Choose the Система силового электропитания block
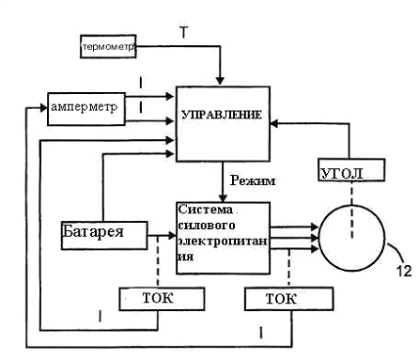tap(221, 237)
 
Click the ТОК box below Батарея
tap(160, 299)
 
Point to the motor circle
tap(352, 237)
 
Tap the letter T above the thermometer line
tap(185, 32)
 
